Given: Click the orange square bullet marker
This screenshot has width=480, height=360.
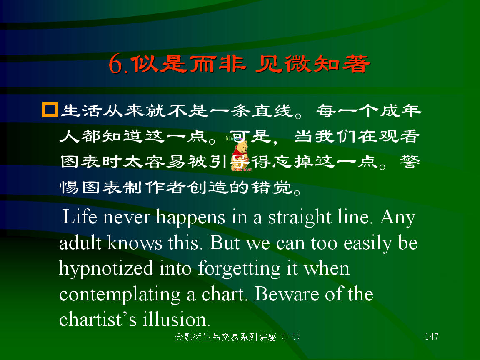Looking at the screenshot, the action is [50, 110].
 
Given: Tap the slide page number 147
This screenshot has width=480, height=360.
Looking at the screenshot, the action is [432, 336].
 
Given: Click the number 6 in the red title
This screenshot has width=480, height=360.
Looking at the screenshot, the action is [116, 64].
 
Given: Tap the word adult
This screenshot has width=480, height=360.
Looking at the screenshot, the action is [80, 242].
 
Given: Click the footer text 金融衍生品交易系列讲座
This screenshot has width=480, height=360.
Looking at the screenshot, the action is [225, 337].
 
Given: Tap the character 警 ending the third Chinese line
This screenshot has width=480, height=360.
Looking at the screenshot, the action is [410, 161].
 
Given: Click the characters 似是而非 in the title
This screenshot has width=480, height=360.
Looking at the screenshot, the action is [189, 64].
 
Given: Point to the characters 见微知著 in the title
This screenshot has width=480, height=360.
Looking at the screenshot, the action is [313, 64].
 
